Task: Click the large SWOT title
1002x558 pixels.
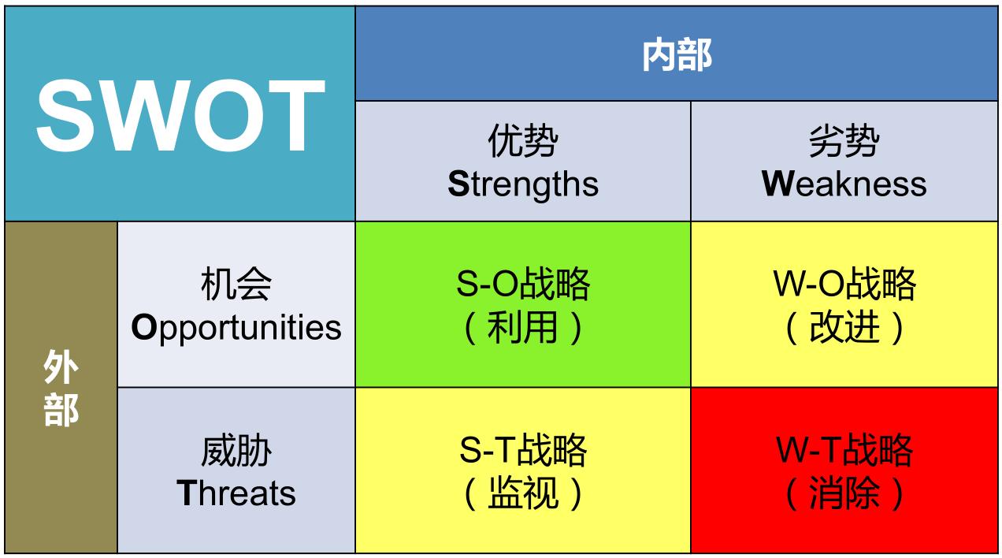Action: click(180, 116)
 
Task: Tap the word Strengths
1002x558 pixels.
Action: click(523, 184)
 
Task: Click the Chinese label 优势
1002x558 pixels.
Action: click(523, 143)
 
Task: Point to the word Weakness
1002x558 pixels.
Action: click(844, 184)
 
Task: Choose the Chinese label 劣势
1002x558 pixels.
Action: click(844, 143)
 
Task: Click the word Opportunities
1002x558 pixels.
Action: click(236, 327)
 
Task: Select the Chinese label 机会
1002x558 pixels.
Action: click(236, 285)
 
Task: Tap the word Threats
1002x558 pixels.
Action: click(236, 493)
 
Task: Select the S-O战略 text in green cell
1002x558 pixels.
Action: click(523, 285)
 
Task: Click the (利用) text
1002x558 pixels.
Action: click(523, 327)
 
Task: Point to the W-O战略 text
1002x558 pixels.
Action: click(844, 285)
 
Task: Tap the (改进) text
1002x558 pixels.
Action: click(844, 327)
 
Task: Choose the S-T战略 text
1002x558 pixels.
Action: click(523, 451)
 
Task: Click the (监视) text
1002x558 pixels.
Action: click(523, 493)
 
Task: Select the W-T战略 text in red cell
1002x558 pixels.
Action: click(844, 451)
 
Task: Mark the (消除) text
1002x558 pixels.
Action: click(844, 493)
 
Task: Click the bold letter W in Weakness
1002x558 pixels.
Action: click(777, 184)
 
